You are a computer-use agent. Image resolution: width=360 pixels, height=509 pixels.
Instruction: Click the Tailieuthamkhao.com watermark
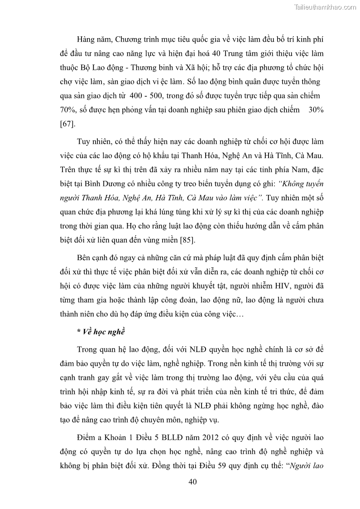tap(325, 7)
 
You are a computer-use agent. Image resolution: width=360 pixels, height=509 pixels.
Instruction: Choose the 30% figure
tap(315, 110)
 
